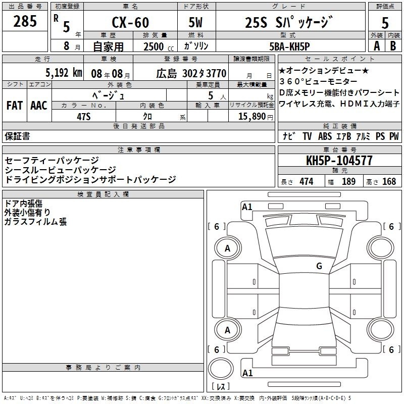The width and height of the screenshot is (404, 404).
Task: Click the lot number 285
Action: (x=25, y=21)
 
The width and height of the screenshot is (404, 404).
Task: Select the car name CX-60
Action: (x=130, y=22)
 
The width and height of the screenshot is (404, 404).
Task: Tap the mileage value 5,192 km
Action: (x=64, y=73)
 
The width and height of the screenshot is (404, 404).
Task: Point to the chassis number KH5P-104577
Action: (x=339, y=161)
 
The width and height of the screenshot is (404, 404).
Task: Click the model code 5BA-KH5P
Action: (x=289, y=46)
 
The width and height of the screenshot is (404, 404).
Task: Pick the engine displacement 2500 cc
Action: (x=159, y=46)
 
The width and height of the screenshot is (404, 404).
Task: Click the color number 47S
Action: (x=84, y=117)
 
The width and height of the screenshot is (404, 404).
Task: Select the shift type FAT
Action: (x=15, y=106)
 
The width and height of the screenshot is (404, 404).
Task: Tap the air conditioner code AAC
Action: (x=39, y=106)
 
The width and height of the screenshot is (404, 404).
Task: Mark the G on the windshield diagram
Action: (x=319, y=266)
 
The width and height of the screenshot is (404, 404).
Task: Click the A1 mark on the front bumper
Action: (x=247, y=207)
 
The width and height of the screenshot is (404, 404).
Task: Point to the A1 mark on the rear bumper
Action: (x=247, y=373)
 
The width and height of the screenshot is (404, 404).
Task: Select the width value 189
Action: (x=348, y=182)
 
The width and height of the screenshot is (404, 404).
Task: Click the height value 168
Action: (x=389, y=182)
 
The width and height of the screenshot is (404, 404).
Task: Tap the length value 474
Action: (x=307, y=182)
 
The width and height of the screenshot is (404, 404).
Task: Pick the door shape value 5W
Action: (x=195, y=22)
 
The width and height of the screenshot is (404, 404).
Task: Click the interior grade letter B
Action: (x=393, y=46)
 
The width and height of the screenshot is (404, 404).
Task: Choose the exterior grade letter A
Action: (x=377, y=46)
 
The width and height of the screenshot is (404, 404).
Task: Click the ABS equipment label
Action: (x=325, y=136)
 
